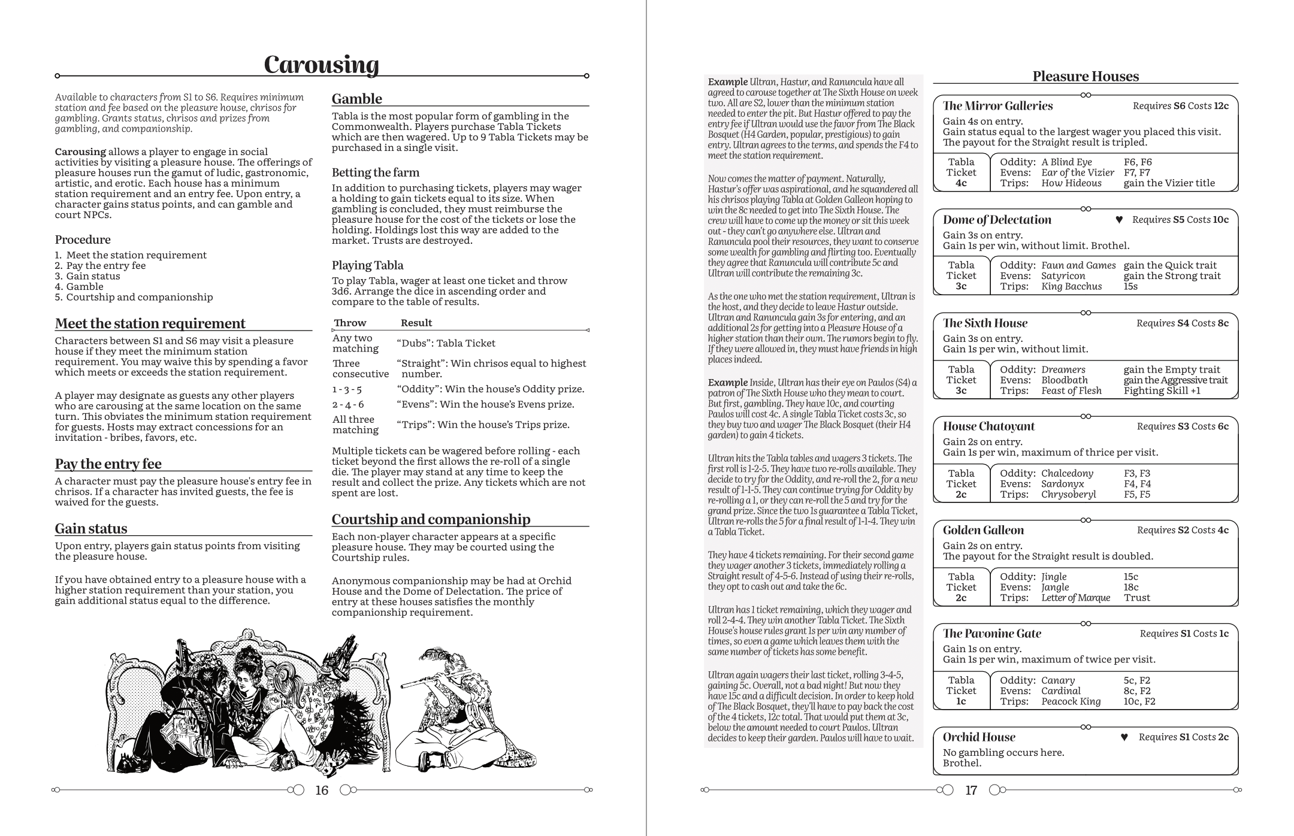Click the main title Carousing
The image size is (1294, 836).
tap(321, 65)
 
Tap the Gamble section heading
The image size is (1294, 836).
tap(356, 99)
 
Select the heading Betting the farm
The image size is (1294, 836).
tap(375, 172)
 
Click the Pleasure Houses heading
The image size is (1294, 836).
tap(1085, 76)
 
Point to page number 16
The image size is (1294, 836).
tap(322, 790)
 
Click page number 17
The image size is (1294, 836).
tap(971, 790)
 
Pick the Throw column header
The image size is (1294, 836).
tap(350, 323)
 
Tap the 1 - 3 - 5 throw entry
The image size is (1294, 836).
tap(347, 389)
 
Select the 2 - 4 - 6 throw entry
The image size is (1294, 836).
tap(347, 404)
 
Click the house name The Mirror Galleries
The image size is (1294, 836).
tap(997, 106)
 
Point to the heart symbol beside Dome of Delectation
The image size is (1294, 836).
tap(1118, 220)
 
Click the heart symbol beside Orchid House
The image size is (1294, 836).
tap(1124, 737)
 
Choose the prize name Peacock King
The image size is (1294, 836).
tap(1071, 701)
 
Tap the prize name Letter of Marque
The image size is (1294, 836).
tap(1075, 598)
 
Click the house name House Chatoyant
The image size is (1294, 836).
tap(988, 426)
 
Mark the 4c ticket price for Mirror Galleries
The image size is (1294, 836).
tap(961, 183)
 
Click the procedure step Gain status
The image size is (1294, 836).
tap(93, 276)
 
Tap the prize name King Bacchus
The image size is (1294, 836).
tap(1071, 286)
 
